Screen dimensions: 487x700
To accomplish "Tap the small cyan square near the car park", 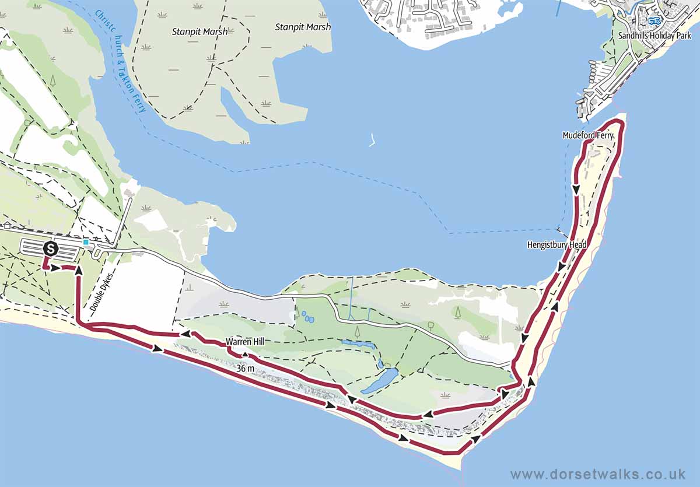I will (x=86, y=242).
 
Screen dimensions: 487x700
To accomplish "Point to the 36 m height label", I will (x=246, y=369).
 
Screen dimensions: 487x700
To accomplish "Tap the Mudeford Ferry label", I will (x=588, y=135).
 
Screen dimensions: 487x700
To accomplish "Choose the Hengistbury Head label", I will (x=556, y=245).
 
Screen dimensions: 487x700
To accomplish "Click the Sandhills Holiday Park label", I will (x=654, y=36).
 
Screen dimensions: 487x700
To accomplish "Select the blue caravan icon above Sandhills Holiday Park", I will (x=654, y=21).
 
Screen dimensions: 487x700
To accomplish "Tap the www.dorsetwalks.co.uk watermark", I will (x=597, y=474).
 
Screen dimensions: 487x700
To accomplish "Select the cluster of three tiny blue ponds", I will (x=307, y=317).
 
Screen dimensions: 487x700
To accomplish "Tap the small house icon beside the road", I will (x=6, y=225).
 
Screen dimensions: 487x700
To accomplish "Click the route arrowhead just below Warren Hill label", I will (x=246, y=354).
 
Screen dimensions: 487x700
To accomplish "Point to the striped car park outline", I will (x=50, y=250).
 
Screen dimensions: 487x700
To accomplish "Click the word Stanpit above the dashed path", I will (x=185, y=31).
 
